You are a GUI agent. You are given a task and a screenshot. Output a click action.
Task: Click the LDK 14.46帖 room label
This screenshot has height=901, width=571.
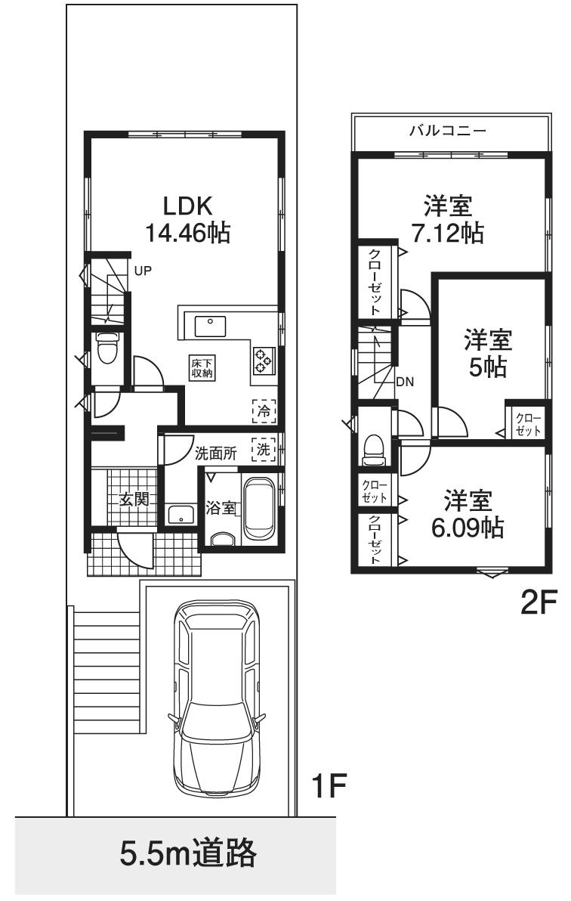pyautogui.click(x=187, y=219)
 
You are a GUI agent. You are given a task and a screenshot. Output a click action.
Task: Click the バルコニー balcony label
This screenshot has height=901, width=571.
pyautogui.click(x=448, y=131)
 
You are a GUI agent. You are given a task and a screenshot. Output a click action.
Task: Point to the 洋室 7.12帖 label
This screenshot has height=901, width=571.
pyautogui.click(x=448, y=218)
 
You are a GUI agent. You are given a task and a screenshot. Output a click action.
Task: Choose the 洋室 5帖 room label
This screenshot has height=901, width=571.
pyautogui.click(x=487, y=352)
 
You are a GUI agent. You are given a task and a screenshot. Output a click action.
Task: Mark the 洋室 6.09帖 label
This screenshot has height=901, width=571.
pyautogui.click(x=468, y=513)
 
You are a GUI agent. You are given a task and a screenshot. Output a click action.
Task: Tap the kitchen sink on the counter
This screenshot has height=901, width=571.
pyautogui.click(x=210, y=326)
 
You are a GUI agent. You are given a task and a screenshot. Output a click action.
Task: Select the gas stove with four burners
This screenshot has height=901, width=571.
pyautogui.click(x=263, y=360)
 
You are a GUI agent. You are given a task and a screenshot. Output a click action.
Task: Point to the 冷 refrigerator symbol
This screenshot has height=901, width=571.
pyautogui.click(x=264, y=412)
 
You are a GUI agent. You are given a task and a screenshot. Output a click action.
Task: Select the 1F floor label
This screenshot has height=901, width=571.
pyautogui.click(x=329, y=788)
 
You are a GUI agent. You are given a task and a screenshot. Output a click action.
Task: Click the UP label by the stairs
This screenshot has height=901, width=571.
pyautogui.click(x=143, y=269)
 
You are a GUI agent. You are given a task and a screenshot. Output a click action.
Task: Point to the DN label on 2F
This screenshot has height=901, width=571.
pyautogui.click(x=405, y=381)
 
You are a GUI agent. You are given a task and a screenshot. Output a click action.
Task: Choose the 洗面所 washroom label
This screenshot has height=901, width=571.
pyautogui.click(x=216, y=454)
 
